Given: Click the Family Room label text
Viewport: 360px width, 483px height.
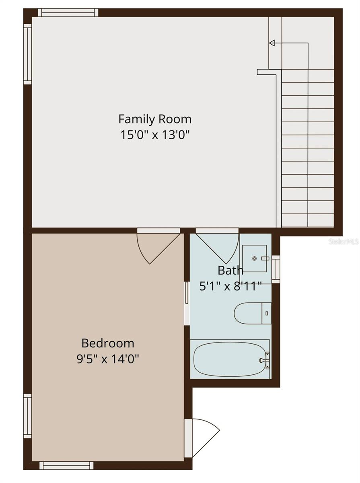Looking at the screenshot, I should pyautogui.click(x=155, y=119).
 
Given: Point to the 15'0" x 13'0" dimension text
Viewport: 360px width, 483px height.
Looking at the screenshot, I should pyautogui.click(x=155, y=134).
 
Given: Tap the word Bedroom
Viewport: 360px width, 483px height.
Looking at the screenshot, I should pyautogui.click(x=108, y=343).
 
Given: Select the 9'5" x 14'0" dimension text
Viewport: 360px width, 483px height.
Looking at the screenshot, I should pyautogui.click(x=108, y=359).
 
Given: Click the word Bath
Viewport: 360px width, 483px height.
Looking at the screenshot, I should pyautogui.click(x=230, y=270).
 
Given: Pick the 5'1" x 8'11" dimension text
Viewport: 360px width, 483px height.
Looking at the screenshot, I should pyautogui.click(x=231, y=286).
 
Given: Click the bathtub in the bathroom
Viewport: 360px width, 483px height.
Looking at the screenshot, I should pyautogui.click(x=229, y=359).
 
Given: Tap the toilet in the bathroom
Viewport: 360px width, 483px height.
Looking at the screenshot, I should pyautogui.click(x=248, y=313).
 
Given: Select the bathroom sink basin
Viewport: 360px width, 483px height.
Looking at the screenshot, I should pyautogui.click(x=255, y=258).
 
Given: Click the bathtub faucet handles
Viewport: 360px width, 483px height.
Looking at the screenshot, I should pyautogui.click(x=265, y=360).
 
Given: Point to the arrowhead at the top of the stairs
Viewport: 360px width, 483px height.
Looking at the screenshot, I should pyautogui.click(x=272, y=43).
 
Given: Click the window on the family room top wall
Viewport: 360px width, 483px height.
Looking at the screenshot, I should pyautogui.click(x=68, y=12).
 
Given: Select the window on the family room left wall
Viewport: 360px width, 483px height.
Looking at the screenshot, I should pyautogui.click(x=27, y=54).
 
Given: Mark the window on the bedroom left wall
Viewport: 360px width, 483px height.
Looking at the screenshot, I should pyautogui.click(x=27, y=416).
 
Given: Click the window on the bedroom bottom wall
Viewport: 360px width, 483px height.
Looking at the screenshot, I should pyautogui.click(x=66, y=465).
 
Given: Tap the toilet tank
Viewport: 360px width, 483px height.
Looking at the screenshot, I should pyautogui.click(x=267, y=313).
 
